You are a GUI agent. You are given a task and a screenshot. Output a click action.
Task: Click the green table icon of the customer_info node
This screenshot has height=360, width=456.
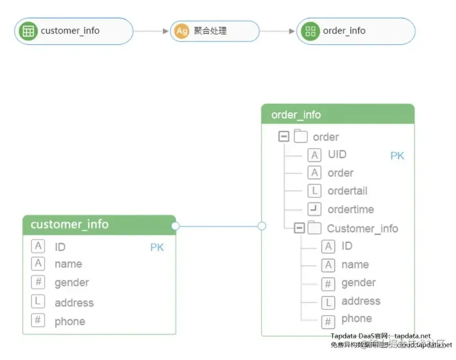pos(28,31)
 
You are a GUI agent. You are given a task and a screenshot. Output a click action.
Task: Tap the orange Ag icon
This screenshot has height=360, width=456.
pos(182,31)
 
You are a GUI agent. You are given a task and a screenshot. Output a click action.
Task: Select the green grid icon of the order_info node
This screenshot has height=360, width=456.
pos(310,31)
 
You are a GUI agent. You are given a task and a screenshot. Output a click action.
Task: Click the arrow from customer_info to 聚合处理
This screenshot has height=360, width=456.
pos(151,31)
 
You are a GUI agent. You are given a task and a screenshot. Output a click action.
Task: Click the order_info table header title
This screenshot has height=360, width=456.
pos(296,115)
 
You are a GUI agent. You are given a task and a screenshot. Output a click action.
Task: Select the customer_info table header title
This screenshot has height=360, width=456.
pos(69,224)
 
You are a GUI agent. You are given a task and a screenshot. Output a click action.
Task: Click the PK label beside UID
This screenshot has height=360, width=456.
pos(397,156)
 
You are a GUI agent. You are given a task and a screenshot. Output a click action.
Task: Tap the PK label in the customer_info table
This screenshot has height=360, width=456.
pos(157,248)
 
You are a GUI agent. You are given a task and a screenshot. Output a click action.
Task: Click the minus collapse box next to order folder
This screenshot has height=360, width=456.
pos(284,136)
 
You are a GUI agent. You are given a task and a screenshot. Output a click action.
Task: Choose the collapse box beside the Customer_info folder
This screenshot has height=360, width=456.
pos(299,228)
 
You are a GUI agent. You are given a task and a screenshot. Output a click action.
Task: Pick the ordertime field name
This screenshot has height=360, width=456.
pos(351,209)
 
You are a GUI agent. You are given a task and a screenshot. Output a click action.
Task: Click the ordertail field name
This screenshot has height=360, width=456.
pos(347,191)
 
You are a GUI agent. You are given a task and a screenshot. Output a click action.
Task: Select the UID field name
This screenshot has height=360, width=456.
pos(337,154)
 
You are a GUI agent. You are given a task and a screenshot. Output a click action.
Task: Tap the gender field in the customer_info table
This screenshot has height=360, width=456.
pos(72,283)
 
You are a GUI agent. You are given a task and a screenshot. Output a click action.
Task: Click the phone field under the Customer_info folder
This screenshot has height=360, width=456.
pos(356,319)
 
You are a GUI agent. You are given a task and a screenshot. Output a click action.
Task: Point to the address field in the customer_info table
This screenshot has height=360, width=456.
pos(74,303)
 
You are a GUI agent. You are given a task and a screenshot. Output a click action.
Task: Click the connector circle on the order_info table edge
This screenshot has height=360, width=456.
pos(262,226)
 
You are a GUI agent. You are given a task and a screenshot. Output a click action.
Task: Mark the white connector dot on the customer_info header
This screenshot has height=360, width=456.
pos(175,225)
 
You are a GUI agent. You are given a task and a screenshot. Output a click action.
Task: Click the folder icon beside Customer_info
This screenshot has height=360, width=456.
pos(314,228)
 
